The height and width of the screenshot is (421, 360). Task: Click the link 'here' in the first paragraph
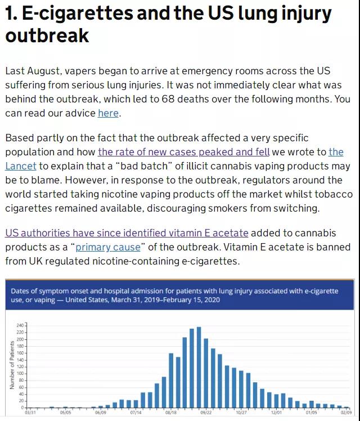(108, 113)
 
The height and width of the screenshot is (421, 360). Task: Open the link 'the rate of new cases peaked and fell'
(183, 152)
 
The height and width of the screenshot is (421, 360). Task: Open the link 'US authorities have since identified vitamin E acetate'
(127, 233)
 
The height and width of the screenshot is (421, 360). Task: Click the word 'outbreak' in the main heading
(47, 36)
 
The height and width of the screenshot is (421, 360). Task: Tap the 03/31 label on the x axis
(31, 413)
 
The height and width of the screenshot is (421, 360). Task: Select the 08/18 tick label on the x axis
(171, 413)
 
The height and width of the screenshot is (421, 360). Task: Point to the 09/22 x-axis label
(206, 413)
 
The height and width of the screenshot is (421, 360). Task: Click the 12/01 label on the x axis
(276, 413)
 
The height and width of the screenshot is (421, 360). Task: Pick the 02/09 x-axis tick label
(345, 413)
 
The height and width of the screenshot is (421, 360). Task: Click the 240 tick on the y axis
(21, 326)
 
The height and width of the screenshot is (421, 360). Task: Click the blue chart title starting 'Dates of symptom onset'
(174, 295)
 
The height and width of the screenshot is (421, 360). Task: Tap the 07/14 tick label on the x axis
(136, 413)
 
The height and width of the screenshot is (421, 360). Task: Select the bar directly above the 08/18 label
(171, 380)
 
